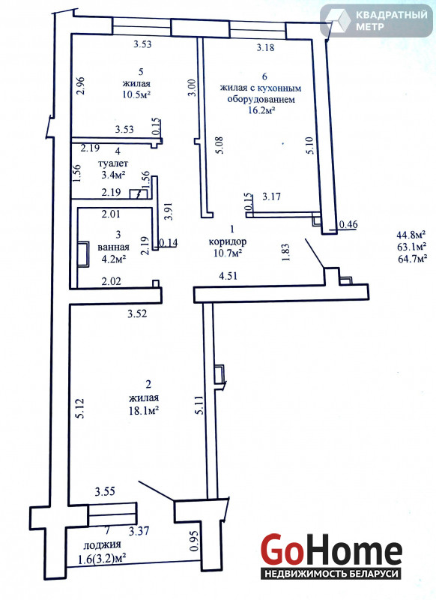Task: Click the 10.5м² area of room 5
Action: tap(136, 95)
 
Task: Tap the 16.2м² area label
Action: tap(261, 110)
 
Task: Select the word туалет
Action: tap(113, 163)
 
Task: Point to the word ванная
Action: tap(113, 247)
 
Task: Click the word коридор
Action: tap(228, 241)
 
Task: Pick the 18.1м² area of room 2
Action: tap(144, 411)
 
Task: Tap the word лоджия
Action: tap(102, 544)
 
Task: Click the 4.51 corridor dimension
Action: tap(228, 275)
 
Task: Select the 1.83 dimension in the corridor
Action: tap(285, 253)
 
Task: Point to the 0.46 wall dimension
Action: tap(348, 224)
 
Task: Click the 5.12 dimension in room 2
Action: tap(80, 409)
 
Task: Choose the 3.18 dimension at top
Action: tap(265, 48)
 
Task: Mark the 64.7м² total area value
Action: tap(412, 259)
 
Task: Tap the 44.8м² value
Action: tap(412, 233)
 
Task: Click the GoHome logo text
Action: tap(331, 550)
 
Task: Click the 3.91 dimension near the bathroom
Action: tap(168, 211)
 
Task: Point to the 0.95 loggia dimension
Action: tap(194, 541)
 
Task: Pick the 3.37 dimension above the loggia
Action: tap(139, 531)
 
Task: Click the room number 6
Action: tap(264, 76)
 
